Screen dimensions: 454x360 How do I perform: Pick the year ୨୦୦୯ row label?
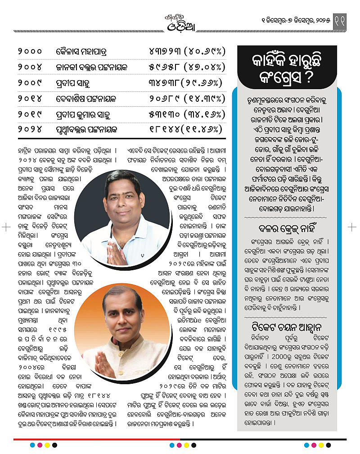coord(30,83)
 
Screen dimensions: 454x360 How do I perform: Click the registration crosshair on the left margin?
coord(6,227)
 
